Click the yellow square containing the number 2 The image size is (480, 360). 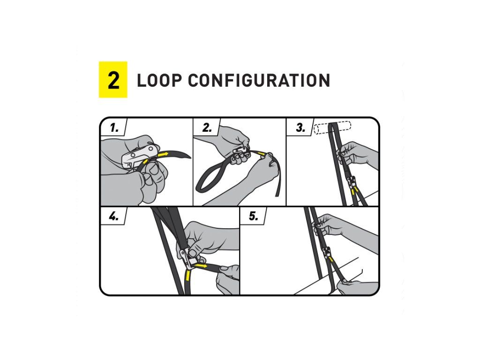tap(113, 80)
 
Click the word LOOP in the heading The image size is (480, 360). tap(157, 80)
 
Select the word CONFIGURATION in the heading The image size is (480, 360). tap(259, 80)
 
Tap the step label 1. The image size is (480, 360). tap(114, 127)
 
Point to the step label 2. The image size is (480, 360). tap(207, 127)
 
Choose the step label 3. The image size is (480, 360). tap(300, 127)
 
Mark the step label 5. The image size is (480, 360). tap(254, 216)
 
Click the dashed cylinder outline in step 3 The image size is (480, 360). tap(332, 128)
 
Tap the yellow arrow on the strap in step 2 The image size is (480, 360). tap(261, 153)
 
